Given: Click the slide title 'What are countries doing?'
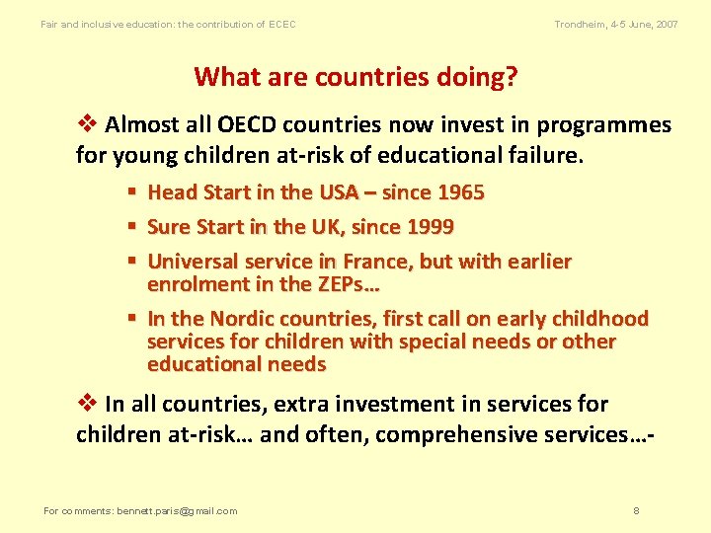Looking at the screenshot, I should coord(355,77).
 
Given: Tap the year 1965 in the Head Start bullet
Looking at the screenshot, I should coord(460,192).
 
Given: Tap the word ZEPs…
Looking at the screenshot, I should coord(348,284).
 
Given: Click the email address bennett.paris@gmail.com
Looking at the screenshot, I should coord(177,511).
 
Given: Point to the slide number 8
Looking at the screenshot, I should coord(636,511).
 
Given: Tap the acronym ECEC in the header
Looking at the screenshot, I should coord(281,24).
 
